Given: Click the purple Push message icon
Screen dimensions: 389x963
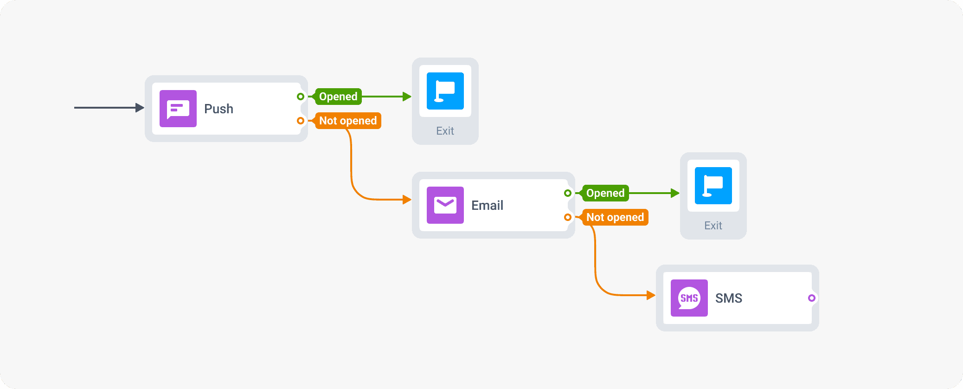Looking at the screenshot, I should [178, 109].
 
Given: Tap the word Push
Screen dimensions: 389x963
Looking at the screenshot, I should [218, 109].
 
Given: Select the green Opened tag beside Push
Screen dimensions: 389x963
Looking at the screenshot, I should [338, 97].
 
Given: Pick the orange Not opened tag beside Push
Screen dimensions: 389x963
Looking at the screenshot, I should [348, 121].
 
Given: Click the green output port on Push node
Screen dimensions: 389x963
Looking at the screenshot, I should [301, 97].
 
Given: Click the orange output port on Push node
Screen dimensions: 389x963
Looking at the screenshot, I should [301, 121].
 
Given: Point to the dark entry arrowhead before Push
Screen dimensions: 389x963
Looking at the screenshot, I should [140, 108].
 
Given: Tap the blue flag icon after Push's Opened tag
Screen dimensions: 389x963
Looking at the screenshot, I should [445, 91].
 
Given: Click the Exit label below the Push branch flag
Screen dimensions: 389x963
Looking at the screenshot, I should [445, 131].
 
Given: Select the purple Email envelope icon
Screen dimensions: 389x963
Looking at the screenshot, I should [445, 205].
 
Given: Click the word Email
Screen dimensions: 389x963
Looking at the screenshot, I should [487, 205].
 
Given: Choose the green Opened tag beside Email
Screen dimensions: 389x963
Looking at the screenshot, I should [605, 193].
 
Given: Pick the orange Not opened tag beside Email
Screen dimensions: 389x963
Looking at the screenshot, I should [615, 217].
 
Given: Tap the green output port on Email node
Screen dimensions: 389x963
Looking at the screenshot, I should [568, 193].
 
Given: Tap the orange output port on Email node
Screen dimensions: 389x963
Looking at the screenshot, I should [568, 217].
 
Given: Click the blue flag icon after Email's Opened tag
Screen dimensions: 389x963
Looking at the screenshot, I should [713, 186].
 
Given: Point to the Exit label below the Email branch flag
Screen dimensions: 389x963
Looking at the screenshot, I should [713, 226].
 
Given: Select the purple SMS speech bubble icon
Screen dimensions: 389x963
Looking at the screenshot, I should [689, 298].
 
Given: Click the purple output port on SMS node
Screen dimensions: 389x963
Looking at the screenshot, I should [811, 298].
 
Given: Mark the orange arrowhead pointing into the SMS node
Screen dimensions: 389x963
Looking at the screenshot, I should [651, 295].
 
